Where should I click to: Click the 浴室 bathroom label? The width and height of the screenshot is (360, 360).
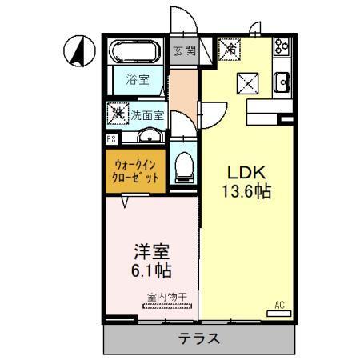click(x=137, y=78)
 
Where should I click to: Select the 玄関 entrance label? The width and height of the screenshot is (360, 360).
click(x=183, y=51)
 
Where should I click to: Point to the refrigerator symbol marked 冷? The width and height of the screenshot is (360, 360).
click(x=231, y=50)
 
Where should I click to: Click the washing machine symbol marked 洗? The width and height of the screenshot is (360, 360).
click(x=118, y=114)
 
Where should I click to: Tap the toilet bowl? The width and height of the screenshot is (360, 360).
click(x=183, y=166)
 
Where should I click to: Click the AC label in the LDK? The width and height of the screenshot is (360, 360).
click(x=279, y=305)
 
